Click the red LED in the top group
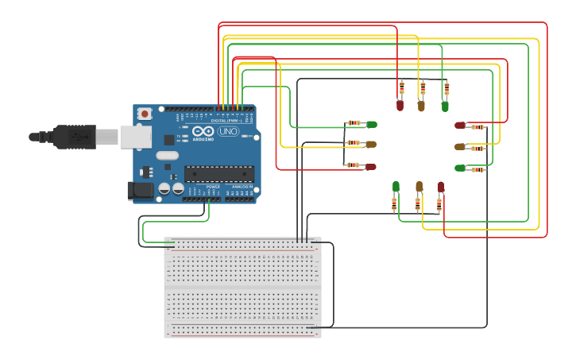[x=400, y=104]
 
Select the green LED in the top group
[x=445, y=105]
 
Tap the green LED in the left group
[x=371, y=124]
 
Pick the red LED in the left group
[x=370, y=166]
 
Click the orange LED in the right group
[x=460, y=147]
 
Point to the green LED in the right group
[x=460, y=168]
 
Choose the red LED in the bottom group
[x=441, y=187]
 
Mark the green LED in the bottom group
[x=396, y=187]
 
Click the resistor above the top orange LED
[x=423, y=87]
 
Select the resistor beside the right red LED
[x=477, y=127]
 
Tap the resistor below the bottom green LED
[x=395, y=204]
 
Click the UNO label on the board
[x=228, y=131]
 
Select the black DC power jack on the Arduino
[x=140, y=190]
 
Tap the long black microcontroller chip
[x=219, y=173]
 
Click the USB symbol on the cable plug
[x=79, y=137]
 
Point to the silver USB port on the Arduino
[x=136, y=137]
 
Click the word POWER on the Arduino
[x=214, y=187]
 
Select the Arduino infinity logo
[x=203, y=131]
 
